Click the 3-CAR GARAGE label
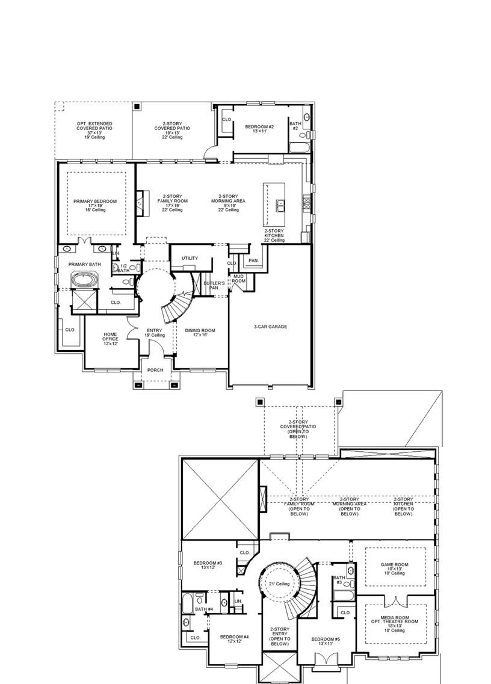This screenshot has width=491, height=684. point(270,327)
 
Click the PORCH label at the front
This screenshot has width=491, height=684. point(155,370)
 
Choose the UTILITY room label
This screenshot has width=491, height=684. point(190,258)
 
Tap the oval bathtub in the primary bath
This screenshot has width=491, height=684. point(82,280)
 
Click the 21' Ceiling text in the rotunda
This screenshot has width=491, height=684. point(279,584)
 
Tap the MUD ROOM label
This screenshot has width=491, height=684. point(239,279)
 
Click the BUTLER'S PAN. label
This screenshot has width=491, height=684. point(214,285)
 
